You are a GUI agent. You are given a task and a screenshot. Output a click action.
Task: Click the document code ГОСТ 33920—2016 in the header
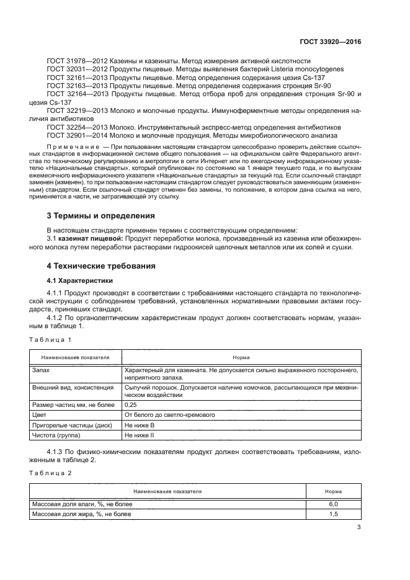[329, 42]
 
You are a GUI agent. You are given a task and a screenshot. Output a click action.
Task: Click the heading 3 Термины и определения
[101, 216]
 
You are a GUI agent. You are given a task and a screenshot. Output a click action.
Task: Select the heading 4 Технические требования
[102, 265]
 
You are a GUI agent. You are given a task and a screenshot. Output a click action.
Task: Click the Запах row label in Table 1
[41, 368]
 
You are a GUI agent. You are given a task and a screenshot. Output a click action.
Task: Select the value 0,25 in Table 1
[131, 404]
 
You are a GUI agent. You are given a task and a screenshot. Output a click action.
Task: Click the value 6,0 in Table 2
[333, 504]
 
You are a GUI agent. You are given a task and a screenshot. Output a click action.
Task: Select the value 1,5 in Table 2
[333, 514]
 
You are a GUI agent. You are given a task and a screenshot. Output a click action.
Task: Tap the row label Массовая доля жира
[81, 514]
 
